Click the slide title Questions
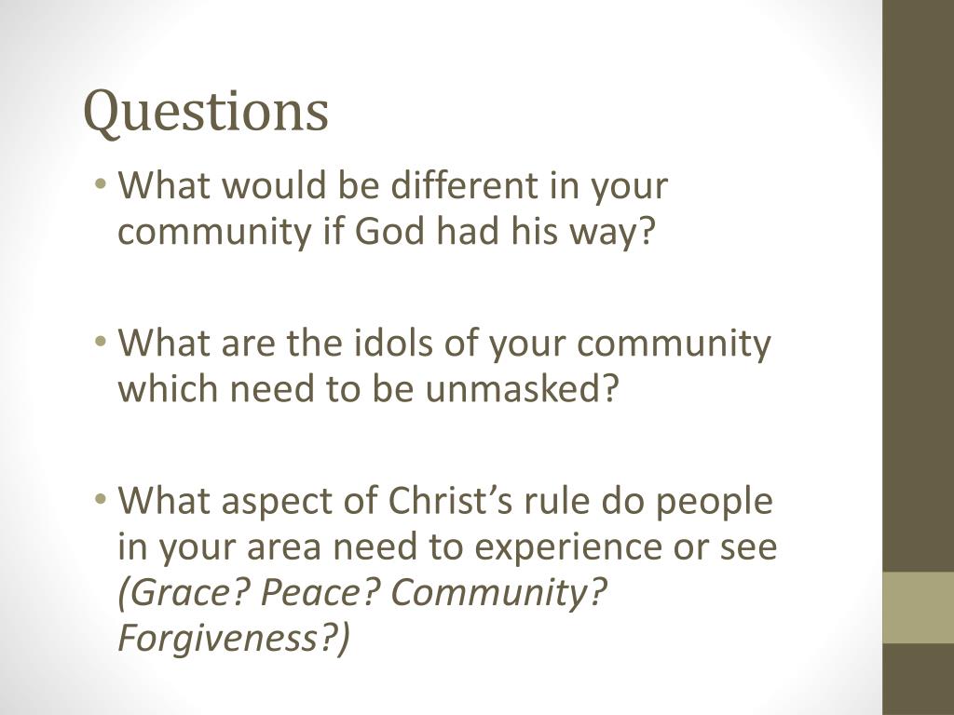[206, 112]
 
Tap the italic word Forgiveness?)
[234, 640]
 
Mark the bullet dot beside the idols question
[101, 344]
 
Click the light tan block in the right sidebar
[918, 607]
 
